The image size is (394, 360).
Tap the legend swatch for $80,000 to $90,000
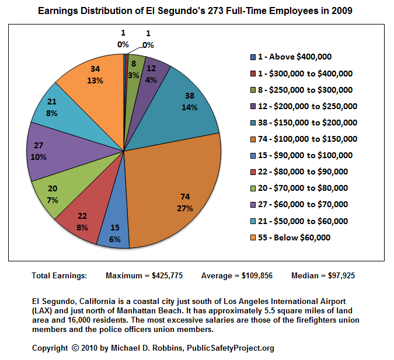click(x=252, y=172)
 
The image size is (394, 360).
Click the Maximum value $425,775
click(x=168, y=275)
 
